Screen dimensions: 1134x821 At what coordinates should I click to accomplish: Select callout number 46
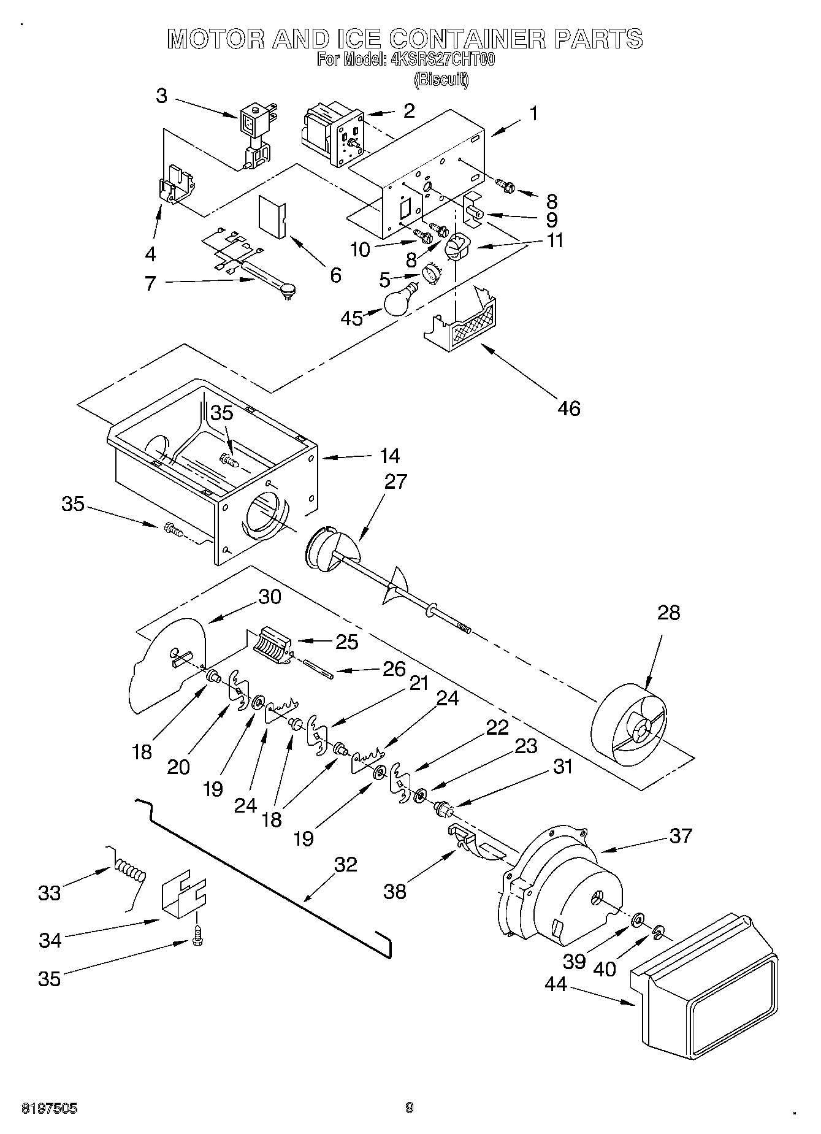[x=569, y=408]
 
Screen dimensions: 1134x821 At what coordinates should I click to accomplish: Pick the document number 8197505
[x=49, y=1108]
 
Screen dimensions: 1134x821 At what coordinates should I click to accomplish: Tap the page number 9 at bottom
[x=409, y=1108]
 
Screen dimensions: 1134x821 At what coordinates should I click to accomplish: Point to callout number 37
[x=681, y=835]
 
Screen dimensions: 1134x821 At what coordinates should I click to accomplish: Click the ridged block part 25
[x=270, y=646]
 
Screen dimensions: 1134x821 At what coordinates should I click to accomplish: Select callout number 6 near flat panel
[x=335, y=275]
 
